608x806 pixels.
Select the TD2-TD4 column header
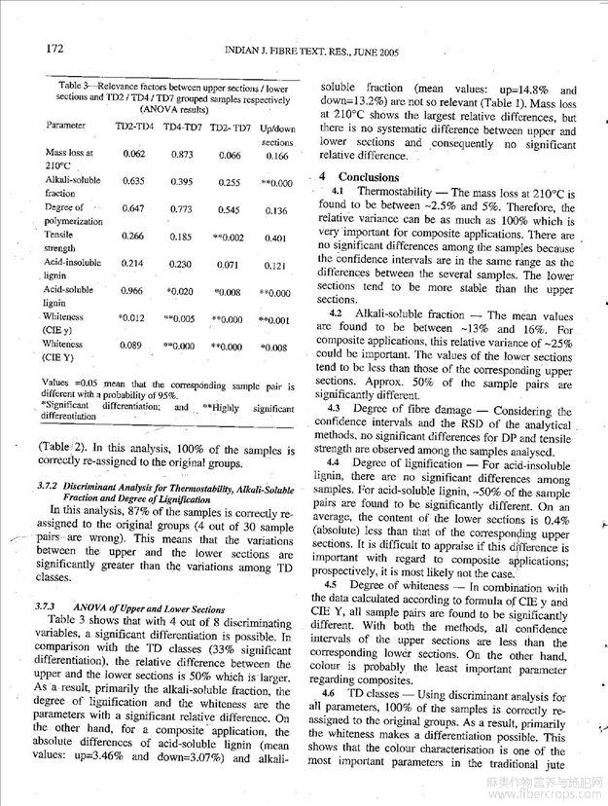135,126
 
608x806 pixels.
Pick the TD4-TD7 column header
182,126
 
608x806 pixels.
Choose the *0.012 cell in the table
132,317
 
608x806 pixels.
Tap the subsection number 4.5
338,586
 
